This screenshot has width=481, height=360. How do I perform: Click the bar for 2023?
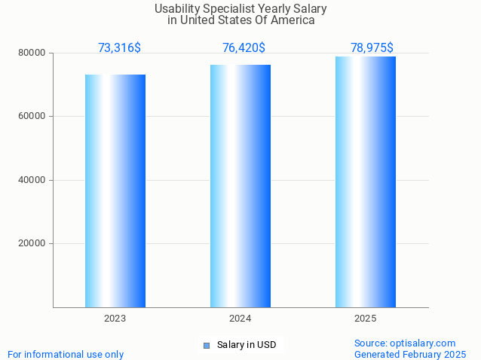(x=115, y=191)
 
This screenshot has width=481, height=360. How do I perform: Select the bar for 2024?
(x=240, y=186)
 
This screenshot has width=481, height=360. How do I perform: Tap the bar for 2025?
(x=365, y=182)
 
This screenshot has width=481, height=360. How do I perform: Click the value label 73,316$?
(x=119, y=48)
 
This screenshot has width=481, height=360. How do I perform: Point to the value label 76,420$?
(x=244, y=48)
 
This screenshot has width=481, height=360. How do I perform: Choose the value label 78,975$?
(x=372, y=48)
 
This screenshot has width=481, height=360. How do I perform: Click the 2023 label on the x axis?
(x=115, y=319)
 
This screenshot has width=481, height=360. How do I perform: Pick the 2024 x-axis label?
(x=240, y=319)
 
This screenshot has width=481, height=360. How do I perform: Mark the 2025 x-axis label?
(x=365, y=319)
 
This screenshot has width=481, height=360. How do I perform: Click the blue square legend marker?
(x=206, y=346)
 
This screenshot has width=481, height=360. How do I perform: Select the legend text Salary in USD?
(x=247, y=345)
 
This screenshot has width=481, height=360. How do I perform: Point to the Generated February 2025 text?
(x=410, y=354)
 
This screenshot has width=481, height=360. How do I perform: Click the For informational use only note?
(x=66, y=354)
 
